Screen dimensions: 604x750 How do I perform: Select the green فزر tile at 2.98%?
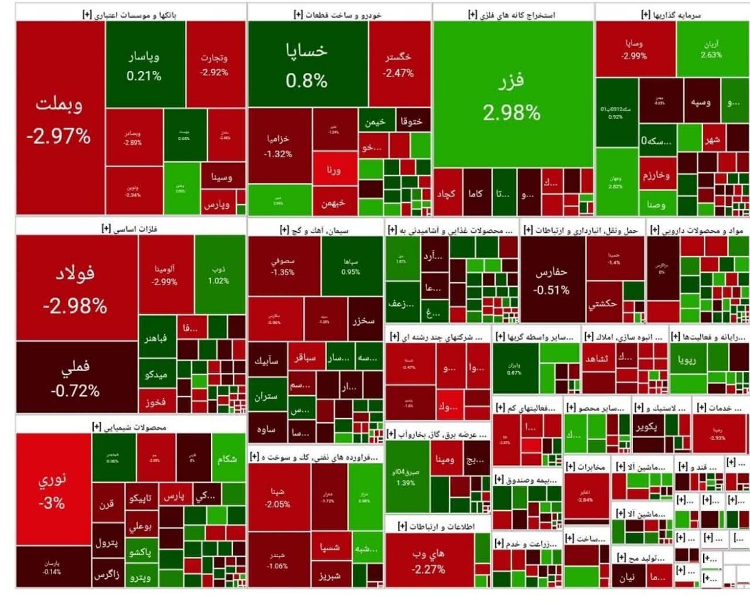512,96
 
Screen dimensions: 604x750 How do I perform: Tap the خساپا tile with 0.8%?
306,65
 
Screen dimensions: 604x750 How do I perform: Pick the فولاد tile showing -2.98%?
76,289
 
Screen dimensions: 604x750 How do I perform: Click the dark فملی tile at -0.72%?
76,378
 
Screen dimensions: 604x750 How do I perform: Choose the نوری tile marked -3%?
52,490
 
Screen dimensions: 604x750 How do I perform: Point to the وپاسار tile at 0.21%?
144,65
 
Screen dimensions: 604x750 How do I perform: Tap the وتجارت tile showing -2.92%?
214,65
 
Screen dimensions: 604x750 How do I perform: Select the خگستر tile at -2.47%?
398,65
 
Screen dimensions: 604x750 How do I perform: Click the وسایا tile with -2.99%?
634,49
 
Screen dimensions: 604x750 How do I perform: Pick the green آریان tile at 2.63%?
711,49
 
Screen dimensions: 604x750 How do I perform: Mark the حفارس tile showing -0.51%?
551,280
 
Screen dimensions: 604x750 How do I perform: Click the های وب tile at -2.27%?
428,561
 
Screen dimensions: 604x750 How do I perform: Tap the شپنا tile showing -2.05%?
278,498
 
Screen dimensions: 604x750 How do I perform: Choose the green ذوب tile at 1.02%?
219,274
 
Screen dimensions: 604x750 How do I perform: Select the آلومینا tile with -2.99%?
165,274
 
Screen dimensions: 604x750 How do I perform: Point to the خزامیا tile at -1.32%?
278,145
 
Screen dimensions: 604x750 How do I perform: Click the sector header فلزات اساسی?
129,228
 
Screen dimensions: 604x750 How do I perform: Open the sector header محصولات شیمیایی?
129,427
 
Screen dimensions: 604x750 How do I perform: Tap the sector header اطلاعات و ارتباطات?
437,526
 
